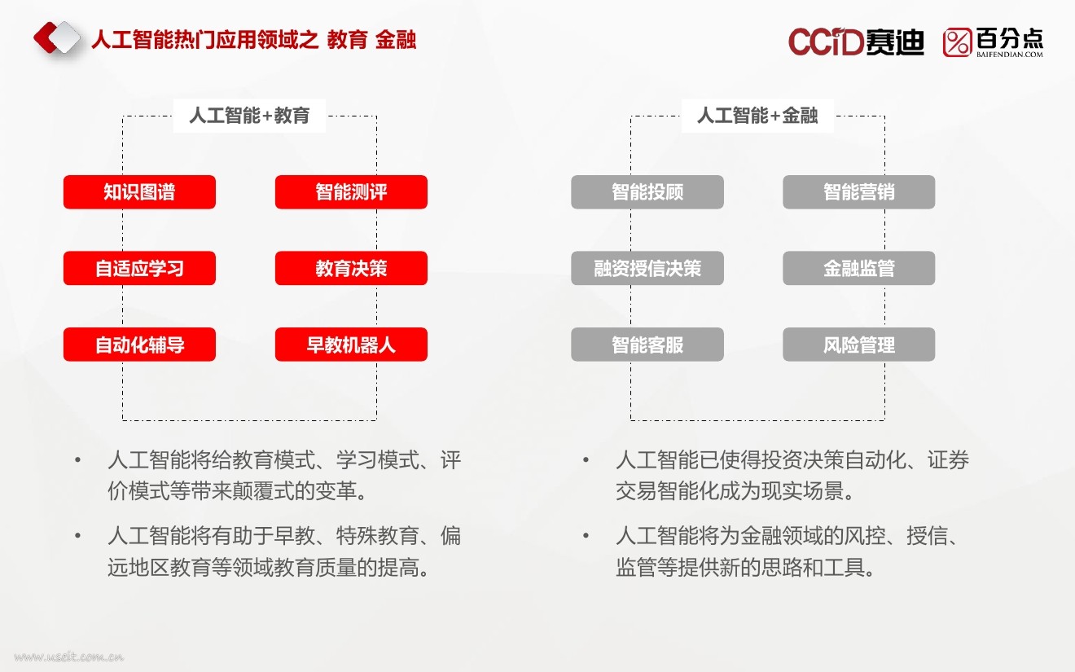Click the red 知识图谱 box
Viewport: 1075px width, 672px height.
click(139, 192)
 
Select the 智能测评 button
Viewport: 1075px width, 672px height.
click(351, 192)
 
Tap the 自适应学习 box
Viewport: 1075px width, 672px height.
click(139, 268)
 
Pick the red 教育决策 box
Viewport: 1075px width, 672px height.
click(351, 268)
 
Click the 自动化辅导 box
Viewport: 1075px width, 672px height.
click(139, 345)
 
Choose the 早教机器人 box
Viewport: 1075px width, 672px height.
click(351, 345)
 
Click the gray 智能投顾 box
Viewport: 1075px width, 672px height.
click(647, 192)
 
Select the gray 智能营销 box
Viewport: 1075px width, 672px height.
click(859, 192)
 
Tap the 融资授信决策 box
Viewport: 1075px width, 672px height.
click(647, 268)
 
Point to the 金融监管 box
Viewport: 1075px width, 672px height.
click(859, 268)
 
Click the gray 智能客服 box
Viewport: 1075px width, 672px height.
click(647, 345)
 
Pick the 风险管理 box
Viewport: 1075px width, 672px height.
click(859, 345)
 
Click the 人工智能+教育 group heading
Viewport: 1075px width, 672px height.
click(250, 116)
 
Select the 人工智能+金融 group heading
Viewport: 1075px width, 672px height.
click(757, 116)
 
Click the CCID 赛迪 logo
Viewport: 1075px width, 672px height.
click(856, 42)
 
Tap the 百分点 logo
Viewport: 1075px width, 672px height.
click(993, 42)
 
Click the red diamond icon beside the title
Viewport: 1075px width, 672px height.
click(56, 38)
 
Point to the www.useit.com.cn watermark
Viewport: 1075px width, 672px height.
click(68, 657)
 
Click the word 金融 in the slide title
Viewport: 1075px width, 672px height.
click(396, 39)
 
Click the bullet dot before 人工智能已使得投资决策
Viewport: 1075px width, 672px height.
click(586, 461)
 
